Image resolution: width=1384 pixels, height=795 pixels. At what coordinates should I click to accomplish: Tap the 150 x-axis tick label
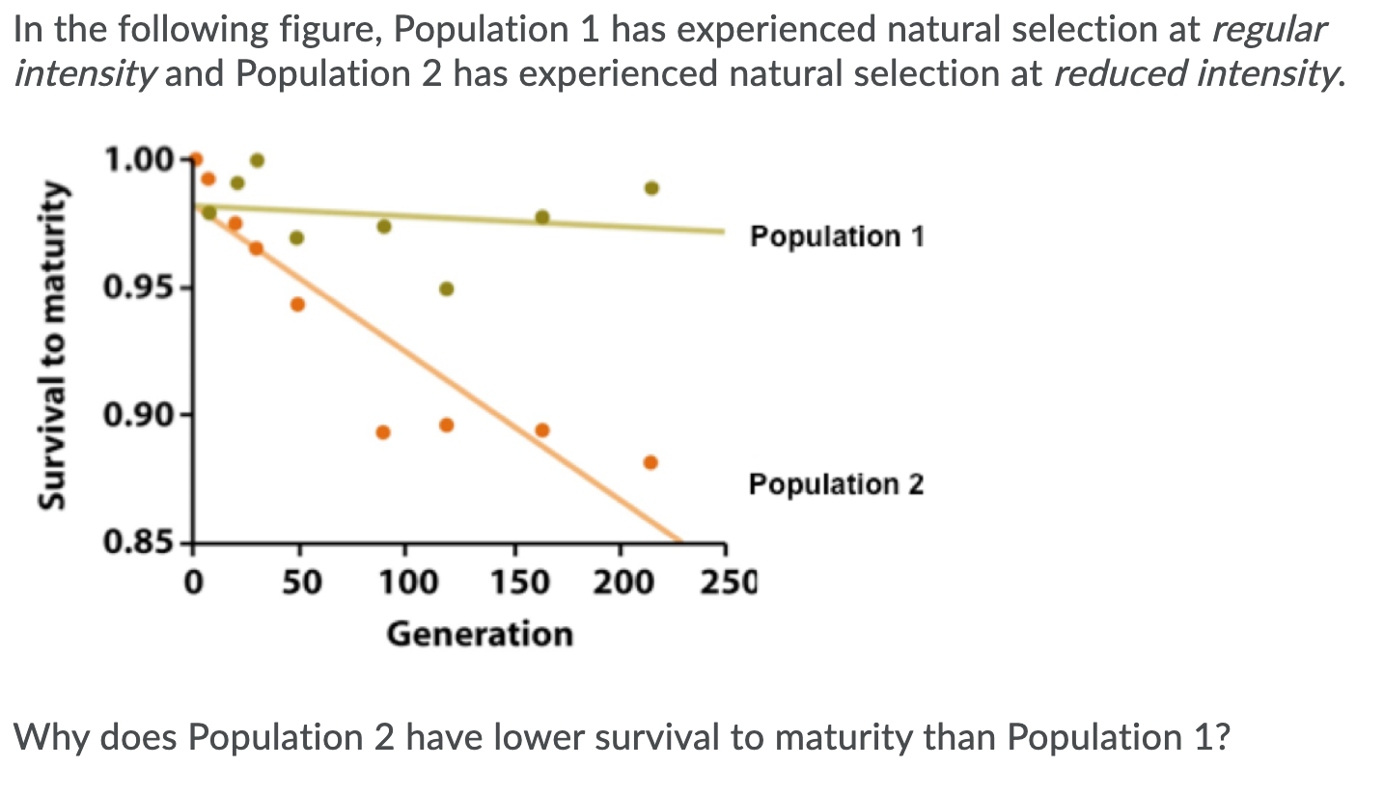point(513,582)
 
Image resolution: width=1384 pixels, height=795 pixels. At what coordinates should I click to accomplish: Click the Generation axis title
point(480,634)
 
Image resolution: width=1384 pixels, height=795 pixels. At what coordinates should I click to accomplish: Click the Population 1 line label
point(836,235)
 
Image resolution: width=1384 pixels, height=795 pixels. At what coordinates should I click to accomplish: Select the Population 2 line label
point(836,483)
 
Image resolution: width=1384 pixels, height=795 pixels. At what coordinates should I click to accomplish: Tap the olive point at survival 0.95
point(446,288)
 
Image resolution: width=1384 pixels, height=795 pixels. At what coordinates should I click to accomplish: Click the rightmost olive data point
point(651,188)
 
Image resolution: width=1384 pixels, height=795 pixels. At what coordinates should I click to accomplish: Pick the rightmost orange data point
point(650,462)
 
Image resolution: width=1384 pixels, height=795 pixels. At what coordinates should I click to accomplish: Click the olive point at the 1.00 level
point(257,160)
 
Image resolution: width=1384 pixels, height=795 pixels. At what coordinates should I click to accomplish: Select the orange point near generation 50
point(297,305)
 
